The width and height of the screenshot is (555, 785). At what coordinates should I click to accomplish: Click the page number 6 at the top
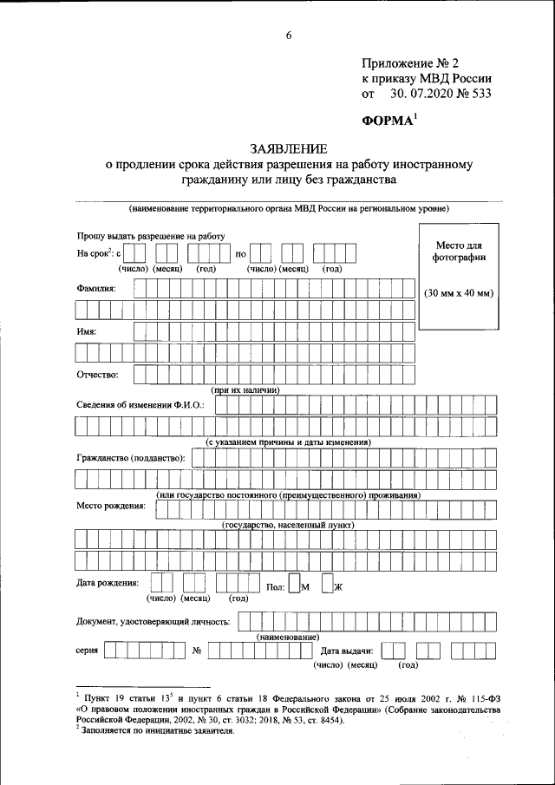point(289,36)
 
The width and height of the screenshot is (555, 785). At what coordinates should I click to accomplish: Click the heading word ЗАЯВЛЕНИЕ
point(286,148)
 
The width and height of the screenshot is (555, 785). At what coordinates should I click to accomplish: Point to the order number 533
point(479,94)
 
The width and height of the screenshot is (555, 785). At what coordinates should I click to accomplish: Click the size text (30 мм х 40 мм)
point(458,292)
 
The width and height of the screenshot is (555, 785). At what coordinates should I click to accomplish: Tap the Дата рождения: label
point(108,583)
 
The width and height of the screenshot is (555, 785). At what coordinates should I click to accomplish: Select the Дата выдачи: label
point(347,650)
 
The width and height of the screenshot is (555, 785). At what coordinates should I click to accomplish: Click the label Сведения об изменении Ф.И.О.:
point(140,405)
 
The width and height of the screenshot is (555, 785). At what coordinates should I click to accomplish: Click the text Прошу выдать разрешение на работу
point(150,236)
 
